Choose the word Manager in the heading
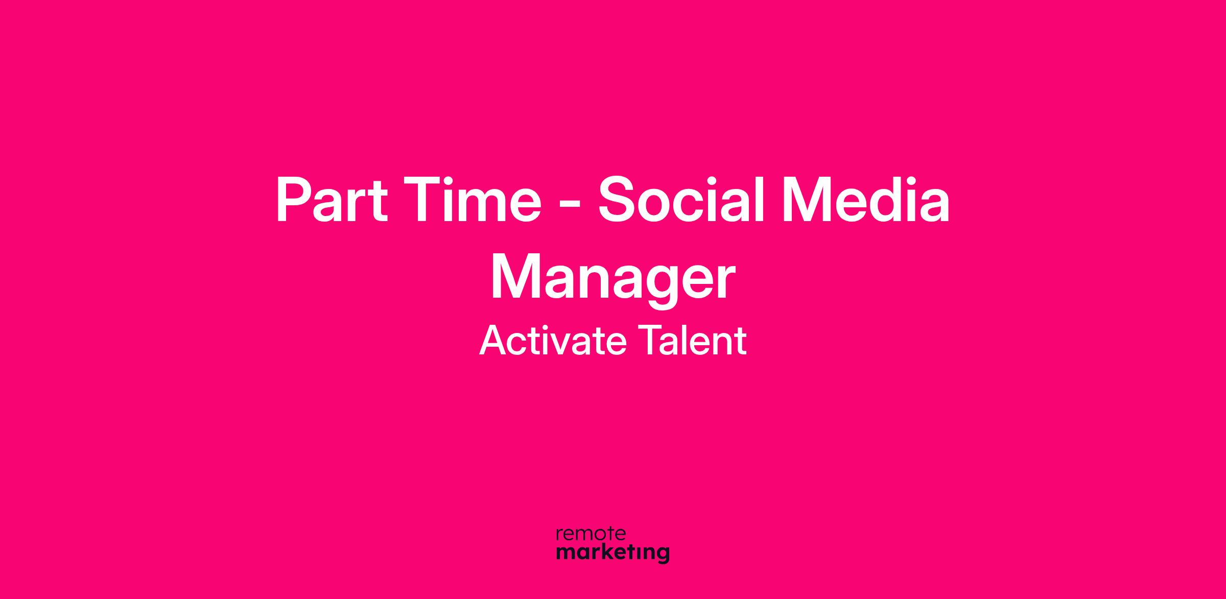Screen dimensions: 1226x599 tap(612, 279)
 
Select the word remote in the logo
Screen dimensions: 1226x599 tap(591, 534)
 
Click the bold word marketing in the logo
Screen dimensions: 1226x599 tap(612, 554)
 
